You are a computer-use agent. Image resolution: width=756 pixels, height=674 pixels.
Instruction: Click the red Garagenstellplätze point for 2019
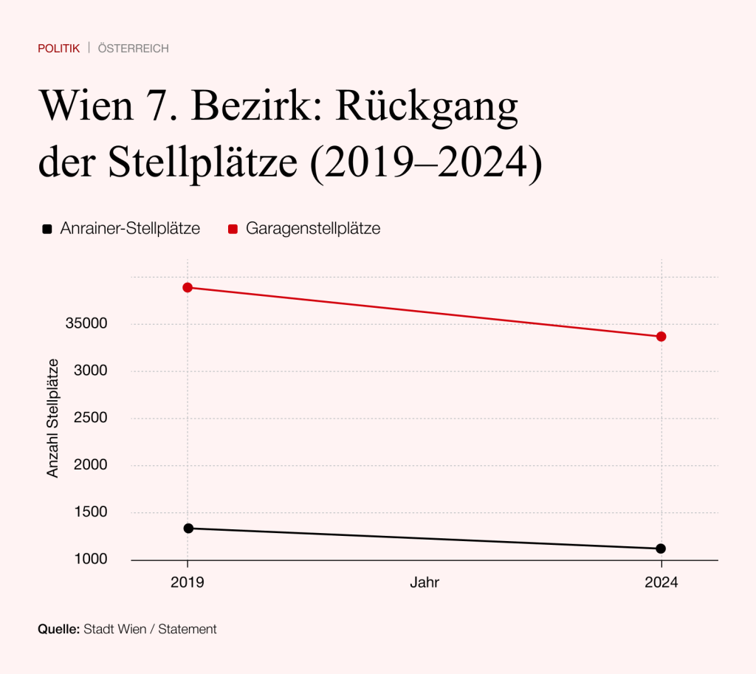pyautogui.click(x=188, y=287)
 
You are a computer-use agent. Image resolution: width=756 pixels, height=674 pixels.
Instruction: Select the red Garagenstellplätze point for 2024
pyautogui.click(x=661, y=337)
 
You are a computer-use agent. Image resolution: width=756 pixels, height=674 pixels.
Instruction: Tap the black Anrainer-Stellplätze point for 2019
pyautogui.click(x=188, y=528)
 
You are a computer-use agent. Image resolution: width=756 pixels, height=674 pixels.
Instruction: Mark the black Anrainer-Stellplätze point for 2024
pyautogui.click(x=661, y=549)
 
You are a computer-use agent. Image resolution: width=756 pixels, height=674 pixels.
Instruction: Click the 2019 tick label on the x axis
pyautogui.click(x=188, y=582)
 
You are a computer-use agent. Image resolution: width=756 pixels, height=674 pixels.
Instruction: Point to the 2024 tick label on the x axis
pyautogui.click(x=661, y=582)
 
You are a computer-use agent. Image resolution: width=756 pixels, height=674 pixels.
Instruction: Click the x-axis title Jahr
pyautogui.click(x=425, y=582)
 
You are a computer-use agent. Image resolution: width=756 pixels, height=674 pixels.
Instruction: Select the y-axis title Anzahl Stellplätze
pyautogui.click(x=53, y=418)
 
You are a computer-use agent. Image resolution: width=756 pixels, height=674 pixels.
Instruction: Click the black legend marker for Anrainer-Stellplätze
pyautogui.click(x=47, y=229)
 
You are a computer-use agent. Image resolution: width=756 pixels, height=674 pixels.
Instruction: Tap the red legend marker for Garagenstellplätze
pyautogui.click(x=233, y=229)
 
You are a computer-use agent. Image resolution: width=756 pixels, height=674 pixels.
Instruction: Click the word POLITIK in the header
pyautogui.click(x=58, y=49)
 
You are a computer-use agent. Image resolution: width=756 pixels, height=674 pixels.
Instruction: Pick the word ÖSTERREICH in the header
pyautogui.click(x=133, y=49)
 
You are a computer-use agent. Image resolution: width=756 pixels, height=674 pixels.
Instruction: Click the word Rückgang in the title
pyautogui.click(x=427, y=107)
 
